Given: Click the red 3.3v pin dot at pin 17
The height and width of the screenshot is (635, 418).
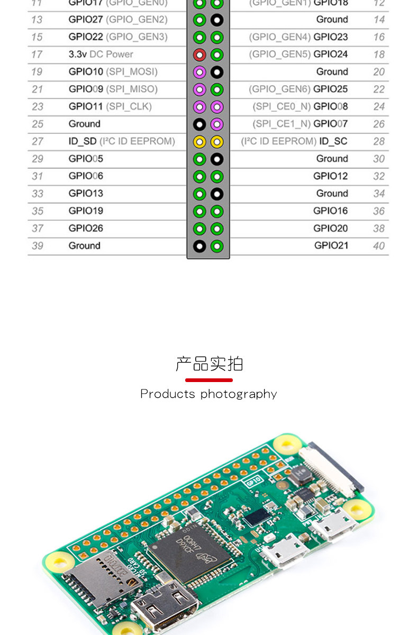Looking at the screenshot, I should pos(199,55).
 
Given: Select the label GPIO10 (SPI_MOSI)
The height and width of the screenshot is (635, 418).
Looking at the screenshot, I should pos(113,71).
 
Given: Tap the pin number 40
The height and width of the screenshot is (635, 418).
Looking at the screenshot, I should pos(379,246).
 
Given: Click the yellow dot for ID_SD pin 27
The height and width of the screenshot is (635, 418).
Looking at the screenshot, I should pos(199,142).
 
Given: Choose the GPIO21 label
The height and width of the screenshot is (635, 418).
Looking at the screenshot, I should pos(331,246).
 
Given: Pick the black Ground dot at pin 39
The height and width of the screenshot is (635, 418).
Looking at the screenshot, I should pos(199,246).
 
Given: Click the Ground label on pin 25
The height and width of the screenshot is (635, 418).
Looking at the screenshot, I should pos(84,124).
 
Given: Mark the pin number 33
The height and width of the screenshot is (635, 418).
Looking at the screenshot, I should pos(37,193).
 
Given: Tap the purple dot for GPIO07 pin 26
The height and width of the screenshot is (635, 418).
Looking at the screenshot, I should pos(217,124).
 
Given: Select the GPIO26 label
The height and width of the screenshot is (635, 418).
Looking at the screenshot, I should pos(86,228).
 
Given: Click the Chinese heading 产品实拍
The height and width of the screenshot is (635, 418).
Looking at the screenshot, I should pos(209,364).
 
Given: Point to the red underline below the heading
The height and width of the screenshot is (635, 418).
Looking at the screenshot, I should pos(209,380).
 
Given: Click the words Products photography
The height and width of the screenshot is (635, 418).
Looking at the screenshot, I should pos(208,394).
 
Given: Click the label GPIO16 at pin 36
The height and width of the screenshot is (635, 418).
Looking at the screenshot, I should pos(330,211).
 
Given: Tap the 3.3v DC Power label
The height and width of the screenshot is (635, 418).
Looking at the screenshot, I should pos(101,54).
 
